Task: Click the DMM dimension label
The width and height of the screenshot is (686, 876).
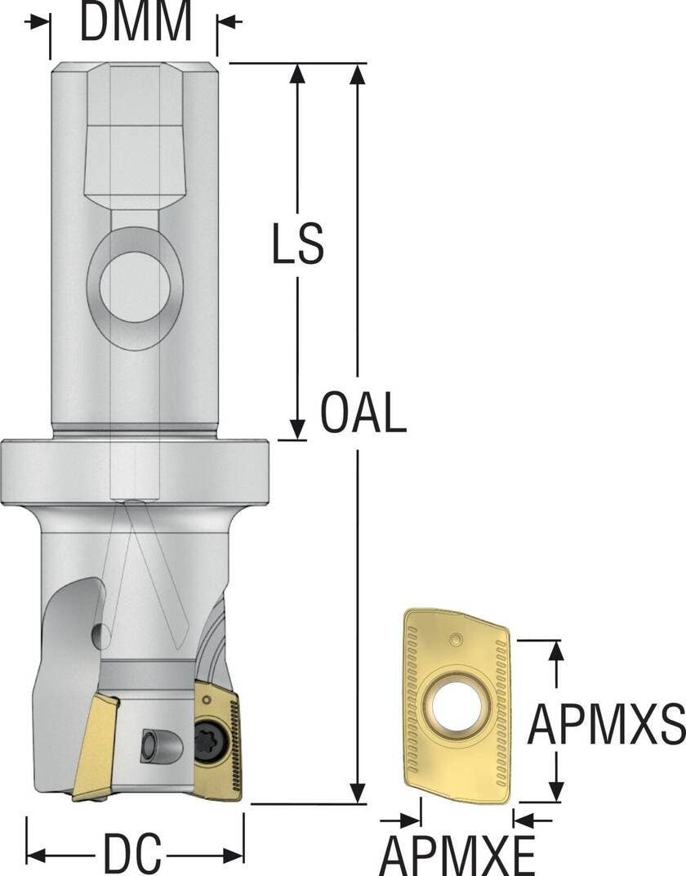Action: point(136,21)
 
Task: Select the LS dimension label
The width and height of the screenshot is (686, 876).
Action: point(297,244)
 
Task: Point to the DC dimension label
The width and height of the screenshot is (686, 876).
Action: point(132,854)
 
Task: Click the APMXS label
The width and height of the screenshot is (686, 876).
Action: point(606,724)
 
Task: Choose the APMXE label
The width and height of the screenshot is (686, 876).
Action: point(457,855)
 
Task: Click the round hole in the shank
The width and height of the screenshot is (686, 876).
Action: point(135,287)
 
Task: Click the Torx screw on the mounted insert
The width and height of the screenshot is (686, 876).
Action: point(206,744)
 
